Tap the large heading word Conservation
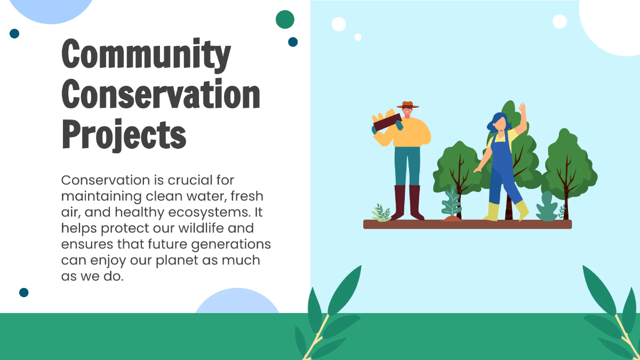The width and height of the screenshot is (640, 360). click(161, 94)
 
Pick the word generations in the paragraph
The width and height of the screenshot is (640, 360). click(231, 244)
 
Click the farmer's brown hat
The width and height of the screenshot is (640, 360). click(408, 105)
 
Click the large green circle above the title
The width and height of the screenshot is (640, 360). click(285, 19)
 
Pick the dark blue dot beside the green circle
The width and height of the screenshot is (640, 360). click(293, 42)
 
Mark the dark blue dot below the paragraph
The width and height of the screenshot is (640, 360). click(23, 292)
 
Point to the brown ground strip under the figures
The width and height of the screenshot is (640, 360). click(467, 225)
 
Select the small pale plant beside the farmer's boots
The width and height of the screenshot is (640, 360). click(381, 213)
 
